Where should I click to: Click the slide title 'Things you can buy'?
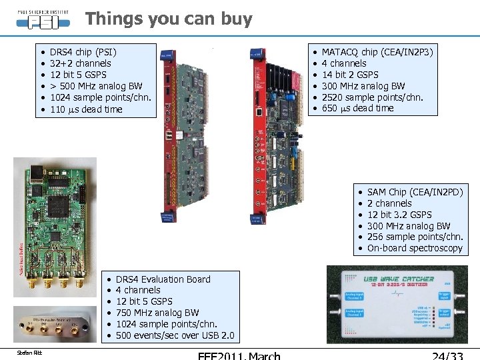click(x=169, y=19)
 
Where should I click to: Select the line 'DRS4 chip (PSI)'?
click(x=83, y=52)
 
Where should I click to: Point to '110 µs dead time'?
click(x=86, y=109)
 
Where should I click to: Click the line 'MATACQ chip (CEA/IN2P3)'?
click(x=377, y=52)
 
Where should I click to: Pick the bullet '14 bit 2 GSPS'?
click(x=349, y=75)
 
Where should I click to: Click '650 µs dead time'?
click(x=357, y=108)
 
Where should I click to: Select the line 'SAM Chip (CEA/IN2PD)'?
click(x=415, y=192)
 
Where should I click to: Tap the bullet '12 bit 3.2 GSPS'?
click(x=399, y=215)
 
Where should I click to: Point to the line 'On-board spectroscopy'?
click(x=414, y=248)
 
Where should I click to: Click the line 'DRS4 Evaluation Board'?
click(x=163, y=279)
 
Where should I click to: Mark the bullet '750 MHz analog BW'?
click(x=157, y=313)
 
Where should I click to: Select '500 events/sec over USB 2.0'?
click(x=175, y=335)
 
